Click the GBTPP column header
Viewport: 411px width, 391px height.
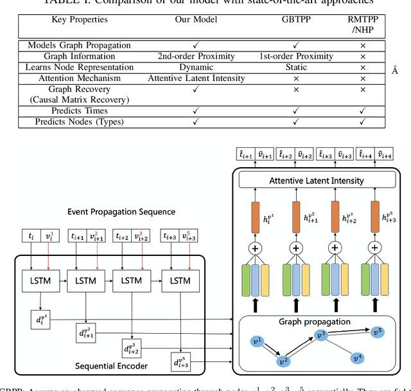pyautogui.click(x=296, y=20)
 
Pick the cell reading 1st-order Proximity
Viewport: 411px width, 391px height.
pyautogui.click(x=296, y=56)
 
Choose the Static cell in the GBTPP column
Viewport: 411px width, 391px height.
pyautogui.click(x=296, y=67)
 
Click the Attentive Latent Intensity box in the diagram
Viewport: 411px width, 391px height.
pyautogui.click(x=316, y=181)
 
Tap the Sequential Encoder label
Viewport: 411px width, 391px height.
pyautogui.click(x=111, y=367)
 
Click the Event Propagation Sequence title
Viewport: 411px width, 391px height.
pyautogui.click(x=121, y=212)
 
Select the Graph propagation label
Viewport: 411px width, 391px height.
pyautogui.click(x=315, y=321)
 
